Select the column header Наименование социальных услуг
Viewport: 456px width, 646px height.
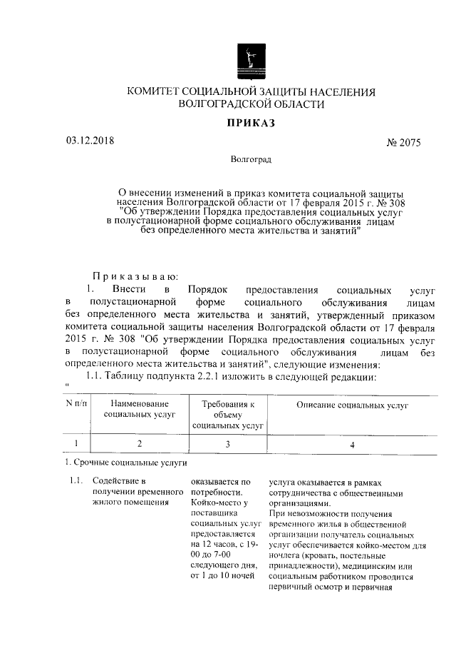pyautogui.click(x=139, y=410)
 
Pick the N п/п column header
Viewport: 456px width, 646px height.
pyautogui.click(x=76, y=405)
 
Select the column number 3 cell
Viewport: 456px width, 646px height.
pyautogui.click(x=228, y=445)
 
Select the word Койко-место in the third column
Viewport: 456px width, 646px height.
pyautogui.click(x=214, y=503)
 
